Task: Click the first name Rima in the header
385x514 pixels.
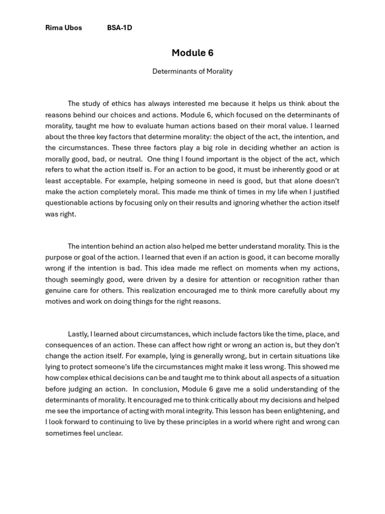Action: pos(54,28)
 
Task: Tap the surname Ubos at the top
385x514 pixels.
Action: pos(73,28)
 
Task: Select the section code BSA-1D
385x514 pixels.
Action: pos(119,28)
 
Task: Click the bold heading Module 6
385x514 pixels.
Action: pos(192,53)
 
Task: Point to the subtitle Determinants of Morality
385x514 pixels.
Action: pos(192,71)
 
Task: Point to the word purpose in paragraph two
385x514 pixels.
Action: pos(58,258)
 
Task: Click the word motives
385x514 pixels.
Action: pos(57,302)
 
